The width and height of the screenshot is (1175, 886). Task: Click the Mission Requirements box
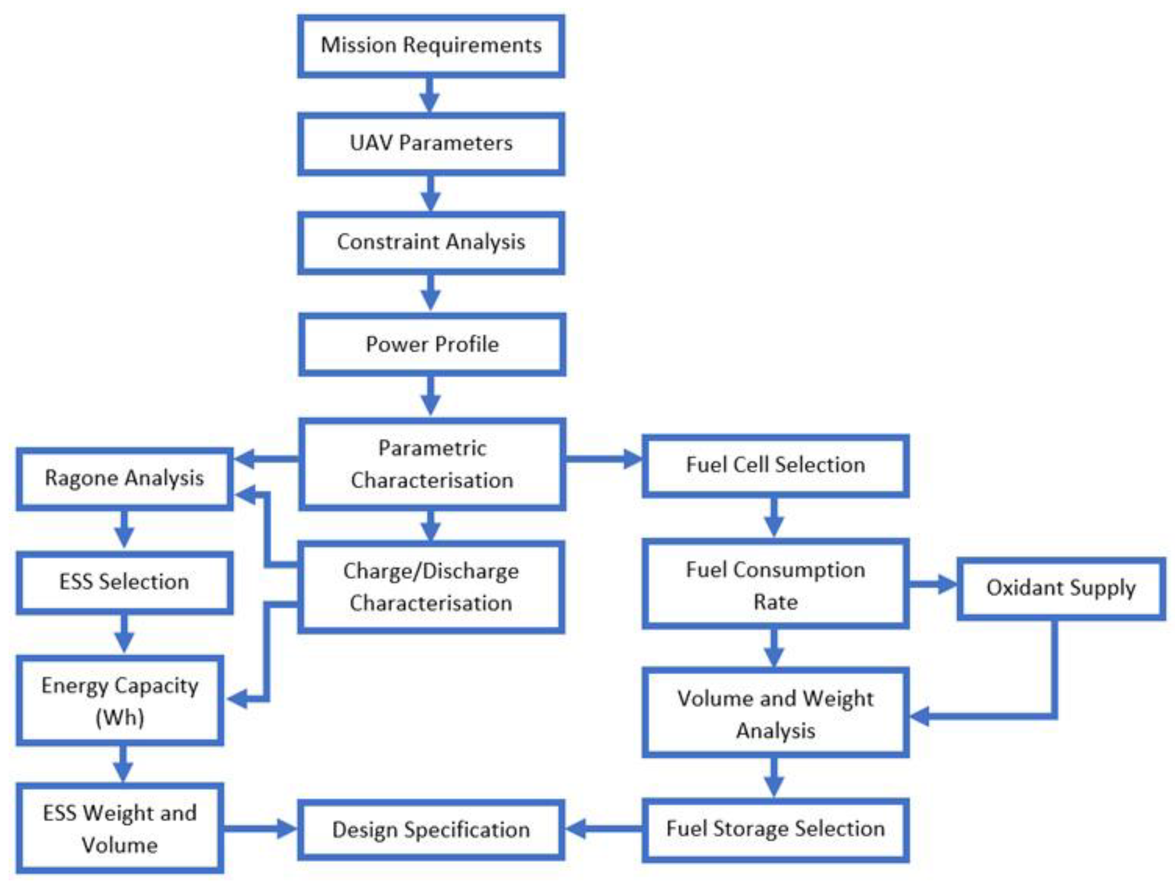pos(431,46)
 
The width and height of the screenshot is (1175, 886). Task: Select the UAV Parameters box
pos(431,143)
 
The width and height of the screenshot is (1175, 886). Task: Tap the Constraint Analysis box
pos(431,242)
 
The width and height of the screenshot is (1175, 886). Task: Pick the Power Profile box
pos(432,344)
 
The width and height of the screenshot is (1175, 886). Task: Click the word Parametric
pos(432,448)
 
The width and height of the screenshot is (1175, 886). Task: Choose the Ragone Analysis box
pos(124,478)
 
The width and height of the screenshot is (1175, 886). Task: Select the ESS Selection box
pos(124,582)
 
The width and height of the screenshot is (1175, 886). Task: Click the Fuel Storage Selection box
pos(775,829)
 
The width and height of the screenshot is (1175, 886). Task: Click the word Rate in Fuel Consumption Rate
pos(775,602)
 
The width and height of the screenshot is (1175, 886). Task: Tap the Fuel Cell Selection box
pos(775,466)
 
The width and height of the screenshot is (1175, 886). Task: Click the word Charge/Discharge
pos(431,571)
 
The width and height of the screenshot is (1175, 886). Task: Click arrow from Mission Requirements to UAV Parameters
pos(429,96)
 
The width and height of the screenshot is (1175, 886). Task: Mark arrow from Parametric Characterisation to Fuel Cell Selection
pos(603,458)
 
